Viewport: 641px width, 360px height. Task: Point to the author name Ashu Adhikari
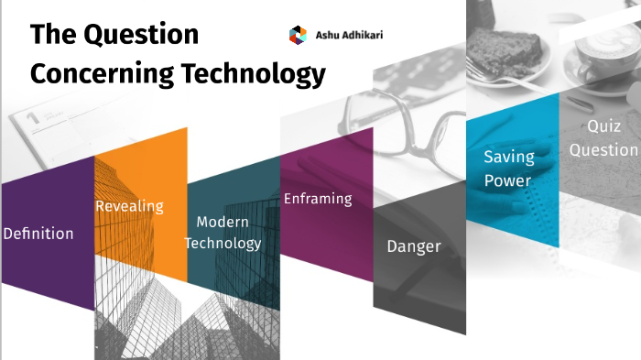(x=347, y=35)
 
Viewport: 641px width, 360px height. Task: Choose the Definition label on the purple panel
(x=38, y=234)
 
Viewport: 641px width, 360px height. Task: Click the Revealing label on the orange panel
(x=129, y=206)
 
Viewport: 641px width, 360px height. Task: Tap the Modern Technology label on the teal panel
(x=229, y=233)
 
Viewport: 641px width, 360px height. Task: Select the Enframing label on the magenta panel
(x=318, y=198)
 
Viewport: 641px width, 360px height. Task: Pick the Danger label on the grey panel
(x=414, y=246)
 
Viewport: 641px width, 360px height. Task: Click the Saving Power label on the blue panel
(x=508, y=169)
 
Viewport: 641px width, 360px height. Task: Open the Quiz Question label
(x=603, y=138)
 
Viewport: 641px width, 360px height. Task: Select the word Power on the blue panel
(x=508, y=180)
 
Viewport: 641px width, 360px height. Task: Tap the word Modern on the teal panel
(x=223, y=223)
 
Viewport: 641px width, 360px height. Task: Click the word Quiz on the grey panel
(x=603, y=127)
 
